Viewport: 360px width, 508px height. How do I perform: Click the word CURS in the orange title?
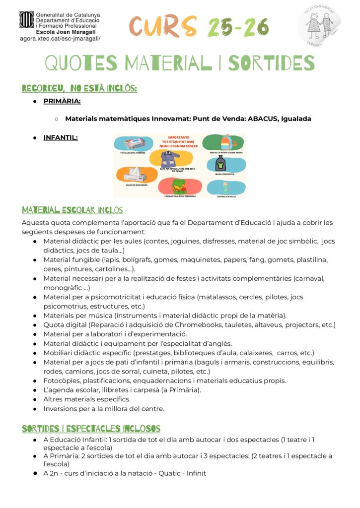(x=162, y=27)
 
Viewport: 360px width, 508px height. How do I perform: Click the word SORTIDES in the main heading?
(x=271, y=63)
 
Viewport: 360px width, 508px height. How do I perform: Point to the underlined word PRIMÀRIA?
(x=62, y=101)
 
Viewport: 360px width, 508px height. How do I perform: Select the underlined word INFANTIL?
(x=61, y=137)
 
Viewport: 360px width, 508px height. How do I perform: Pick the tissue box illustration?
(x=135, y=174)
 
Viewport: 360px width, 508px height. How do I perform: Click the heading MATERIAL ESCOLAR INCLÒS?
(x=72, y=210)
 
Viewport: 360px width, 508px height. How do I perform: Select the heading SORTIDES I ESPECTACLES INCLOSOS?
(x=91, y=429)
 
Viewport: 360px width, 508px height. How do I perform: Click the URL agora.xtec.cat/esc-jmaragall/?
(x=60, y=38)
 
